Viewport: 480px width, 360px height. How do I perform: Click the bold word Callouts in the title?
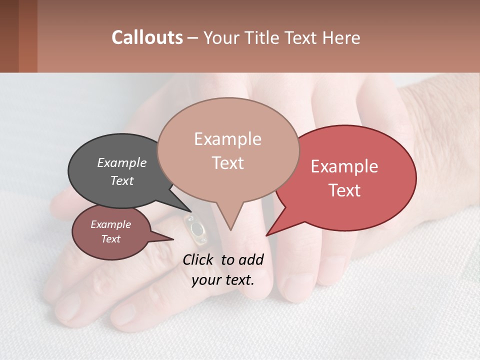147,37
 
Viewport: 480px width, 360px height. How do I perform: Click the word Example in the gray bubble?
121,163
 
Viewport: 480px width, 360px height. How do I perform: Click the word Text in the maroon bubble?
110,239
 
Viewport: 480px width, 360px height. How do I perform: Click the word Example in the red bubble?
344,166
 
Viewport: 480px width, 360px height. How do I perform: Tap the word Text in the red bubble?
345,190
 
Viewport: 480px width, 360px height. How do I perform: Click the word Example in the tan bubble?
227,139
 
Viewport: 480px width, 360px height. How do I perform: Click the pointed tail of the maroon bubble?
170,239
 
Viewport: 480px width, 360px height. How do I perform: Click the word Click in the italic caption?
199,259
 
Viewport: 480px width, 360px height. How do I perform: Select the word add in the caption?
250,259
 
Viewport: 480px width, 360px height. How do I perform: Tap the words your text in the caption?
223,280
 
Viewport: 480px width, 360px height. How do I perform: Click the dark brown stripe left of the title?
9,36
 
